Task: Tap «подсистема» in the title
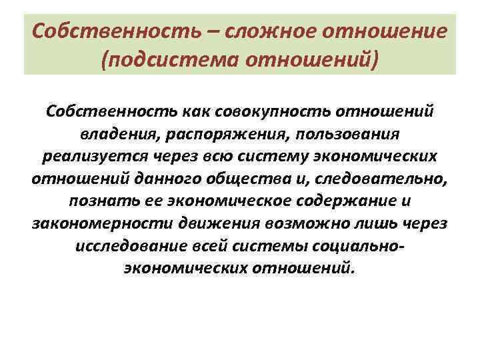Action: pyautogui.click(x=171, y=61)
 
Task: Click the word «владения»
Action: pyautogui.click(x=132, y=133)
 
